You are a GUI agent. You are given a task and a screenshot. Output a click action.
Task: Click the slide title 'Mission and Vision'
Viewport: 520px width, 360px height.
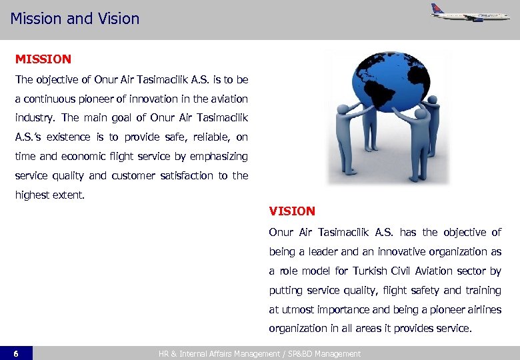[75, 18]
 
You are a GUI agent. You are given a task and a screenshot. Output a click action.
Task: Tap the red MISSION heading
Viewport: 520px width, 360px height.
[43, 59]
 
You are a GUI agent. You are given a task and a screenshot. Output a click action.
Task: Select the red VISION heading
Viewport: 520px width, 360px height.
[292, 211]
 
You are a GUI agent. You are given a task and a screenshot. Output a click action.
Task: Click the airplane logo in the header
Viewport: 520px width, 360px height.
[469, 12]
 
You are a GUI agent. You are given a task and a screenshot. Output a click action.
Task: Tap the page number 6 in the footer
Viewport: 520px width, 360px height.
[16, 353]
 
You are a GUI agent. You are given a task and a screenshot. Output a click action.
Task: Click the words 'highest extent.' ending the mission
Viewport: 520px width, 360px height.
[50, 195]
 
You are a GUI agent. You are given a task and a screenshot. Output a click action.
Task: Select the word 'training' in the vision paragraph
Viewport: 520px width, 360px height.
[483, 290]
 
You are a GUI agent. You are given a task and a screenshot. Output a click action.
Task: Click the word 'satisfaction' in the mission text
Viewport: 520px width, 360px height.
[185, 176]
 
